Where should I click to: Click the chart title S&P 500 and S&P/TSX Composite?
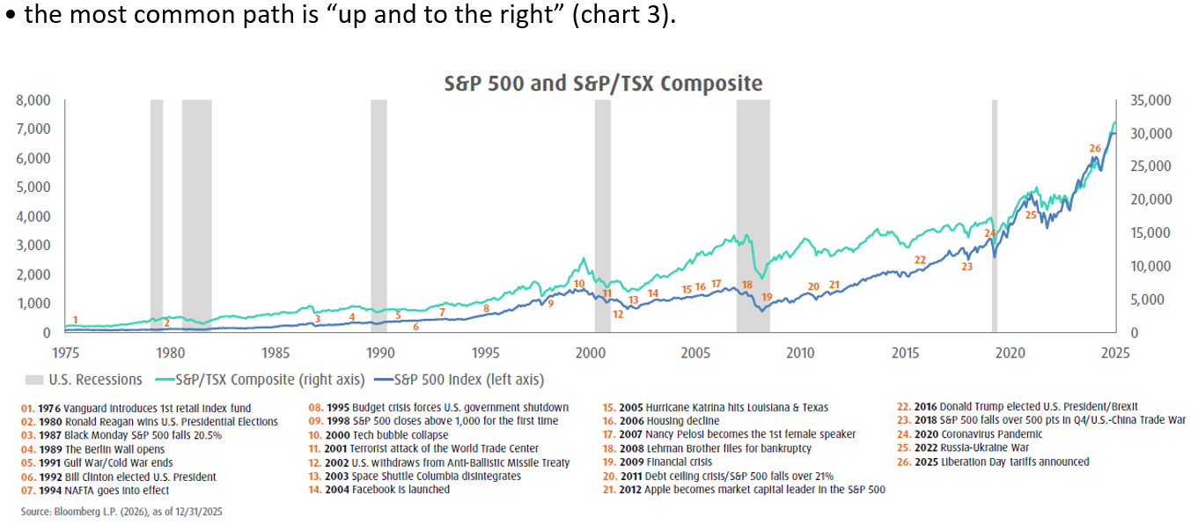[x=603, y=84]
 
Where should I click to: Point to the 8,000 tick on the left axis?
[x=33, y=100]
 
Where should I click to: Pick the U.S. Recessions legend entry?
[x=84, y=380]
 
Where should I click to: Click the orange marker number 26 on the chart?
[x=1095, y=148]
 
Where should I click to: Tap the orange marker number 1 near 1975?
[x=76, y=320]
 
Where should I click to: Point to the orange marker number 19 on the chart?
[x=767, y=297]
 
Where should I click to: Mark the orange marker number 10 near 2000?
[x=579, y=284]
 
